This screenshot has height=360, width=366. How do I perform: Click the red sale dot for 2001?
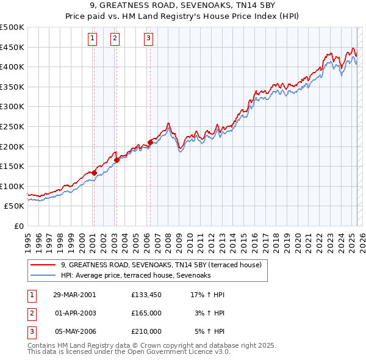point(94,173)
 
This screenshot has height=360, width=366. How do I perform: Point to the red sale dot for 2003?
point(116,160)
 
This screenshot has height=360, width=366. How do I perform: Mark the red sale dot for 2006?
point(150,142)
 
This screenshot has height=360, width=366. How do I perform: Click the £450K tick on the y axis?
point(12,47)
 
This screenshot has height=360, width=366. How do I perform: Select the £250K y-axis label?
point(12,126)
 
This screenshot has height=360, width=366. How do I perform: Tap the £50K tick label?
point(15,206)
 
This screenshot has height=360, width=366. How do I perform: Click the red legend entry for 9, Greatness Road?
point(161,265)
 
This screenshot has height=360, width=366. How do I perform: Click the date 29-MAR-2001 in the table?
point(74,295)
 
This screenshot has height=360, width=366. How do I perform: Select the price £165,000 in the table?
point(146,313)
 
